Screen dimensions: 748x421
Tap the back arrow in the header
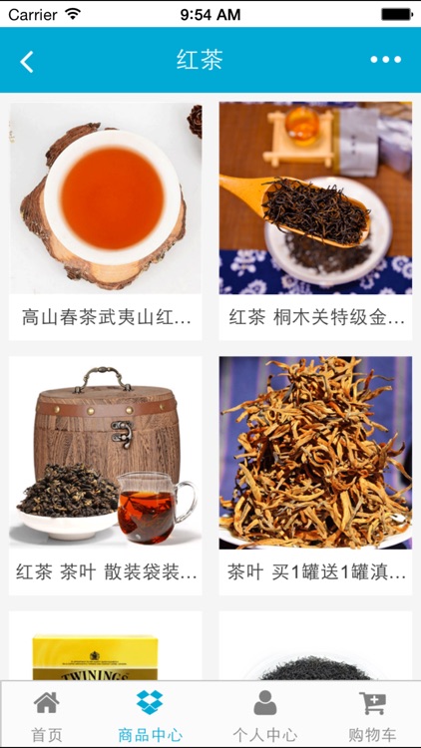click(x=27, y=61)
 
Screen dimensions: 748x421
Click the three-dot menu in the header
click(x=385, y=60)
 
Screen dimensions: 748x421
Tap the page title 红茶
click(x=199, y=60)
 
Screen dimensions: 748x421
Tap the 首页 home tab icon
click(x=46, y=704)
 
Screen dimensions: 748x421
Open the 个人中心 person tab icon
click(x=264, y=704)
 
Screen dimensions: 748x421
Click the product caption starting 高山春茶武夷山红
click(x=106, y=318)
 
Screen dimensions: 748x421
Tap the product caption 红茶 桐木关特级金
click(x=316, y=318)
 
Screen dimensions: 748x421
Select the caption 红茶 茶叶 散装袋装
click(x=106, y=572)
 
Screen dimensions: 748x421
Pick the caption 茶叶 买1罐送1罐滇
click(x=316, y=572)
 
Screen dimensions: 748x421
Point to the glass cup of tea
click(x=154, y=507)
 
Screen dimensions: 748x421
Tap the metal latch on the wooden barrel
click(x=123, y=432)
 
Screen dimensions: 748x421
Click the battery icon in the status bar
click(x=396, y=14)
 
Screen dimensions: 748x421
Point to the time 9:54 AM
click(x=210, y=15)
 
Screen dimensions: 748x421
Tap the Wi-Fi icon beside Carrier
click(x=73, y=14)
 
